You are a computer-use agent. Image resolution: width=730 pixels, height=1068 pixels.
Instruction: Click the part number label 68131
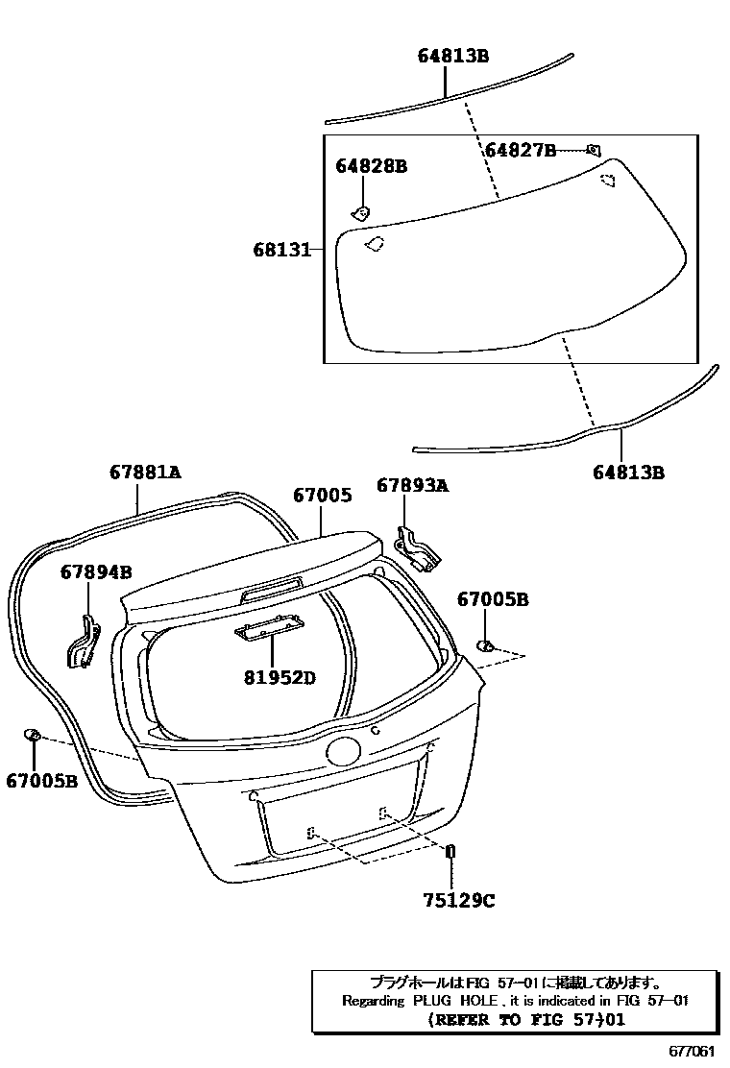click(281, 250)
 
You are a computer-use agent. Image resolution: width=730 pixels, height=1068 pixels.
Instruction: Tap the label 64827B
click(520, 150)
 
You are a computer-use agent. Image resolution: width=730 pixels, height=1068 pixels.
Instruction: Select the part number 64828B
click(371, 167)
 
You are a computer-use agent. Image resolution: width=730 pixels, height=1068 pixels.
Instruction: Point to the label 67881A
click(145, 473)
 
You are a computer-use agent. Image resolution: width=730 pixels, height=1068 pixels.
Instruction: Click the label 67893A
click(412, 486)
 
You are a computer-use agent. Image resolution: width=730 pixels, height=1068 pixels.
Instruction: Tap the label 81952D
click(280, 679)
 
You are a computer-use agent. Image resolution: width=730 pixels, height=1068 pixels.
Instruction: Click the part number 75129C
click(458, 900)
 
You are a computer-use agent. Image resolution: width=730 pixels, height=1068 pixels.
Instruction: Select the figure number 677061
click(692, 1051)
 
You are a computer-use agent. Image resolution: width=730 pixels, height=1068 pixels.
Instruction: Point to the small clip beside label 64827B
click(594, 149)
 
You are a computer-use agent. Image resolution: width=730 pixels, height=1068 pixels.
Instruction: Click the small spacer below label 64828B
click(361, 212)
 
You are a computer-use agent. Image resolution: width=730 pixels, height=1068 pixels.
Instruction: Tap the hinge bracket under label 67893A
click(419, 546)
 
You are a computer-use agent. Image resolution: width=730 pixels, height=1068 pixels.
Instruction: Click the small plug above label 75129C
click(450, 851)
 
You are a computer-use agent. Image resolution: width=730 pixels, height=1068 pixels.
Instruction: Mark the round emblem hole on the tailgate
click(341, 751)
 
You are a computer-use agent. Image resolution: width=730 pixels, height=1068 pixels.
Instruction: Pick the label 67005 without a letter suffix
click(322, 496)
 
